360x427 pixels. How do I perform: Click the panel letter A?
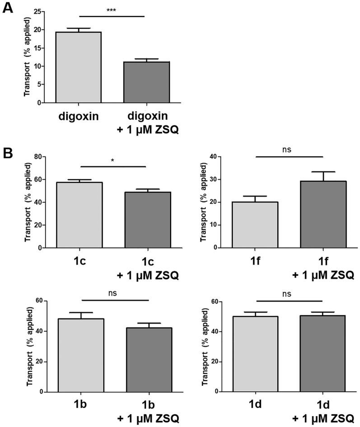click(9, 9)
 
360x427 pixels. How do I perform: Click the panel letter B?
click(9, 153)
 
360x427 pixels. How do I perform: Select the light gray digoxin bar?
click(78, 67)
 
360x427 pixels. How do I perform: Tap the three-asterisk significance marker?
click(112, 10)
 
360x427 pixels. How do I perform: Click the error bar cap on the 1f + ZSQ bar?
click(323, 172)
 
